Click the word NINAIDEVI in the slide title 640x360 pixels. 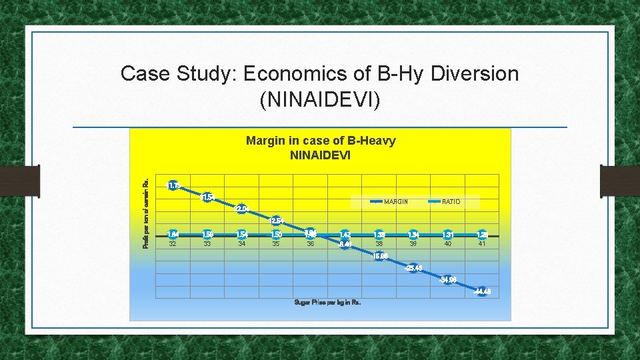[x=319, y=100]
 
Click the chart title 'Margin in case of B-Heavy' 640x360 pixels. [x=321, y=141]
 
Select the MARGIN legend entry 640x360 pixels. [x=396, y=201]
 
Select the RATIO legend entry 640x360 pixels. [x=451, y=201]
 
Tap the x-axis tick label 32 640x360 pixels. [x=173, y=244]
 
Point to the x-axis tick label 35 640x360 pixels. [x=276, y=244]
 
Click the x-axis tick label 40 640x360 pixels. [x=447, y=244]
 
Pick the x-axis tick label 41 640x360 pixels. [x=482, y=244]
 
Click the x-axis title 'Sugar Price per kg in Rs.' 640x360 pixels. [x=327, y=303]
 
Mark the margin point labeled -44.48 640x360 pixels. [x=482, y=291]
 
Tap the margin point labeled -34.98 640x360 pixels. [x=448, y=279]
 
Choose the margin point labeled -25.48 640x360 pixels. [x=413, y=268]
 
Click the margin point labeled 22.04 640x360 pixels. [x=241, y=209]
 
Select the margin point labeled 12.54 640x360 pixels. [x=276, y=221]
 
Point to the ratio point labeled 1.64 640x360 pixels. [x=173, y=235]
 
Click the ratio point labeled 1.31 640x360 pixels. [x=447, y=235]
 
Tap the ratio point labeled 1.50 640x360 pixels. [x=276, y=235]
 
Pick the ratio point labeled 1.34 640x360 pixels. [x=413, y=235]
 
